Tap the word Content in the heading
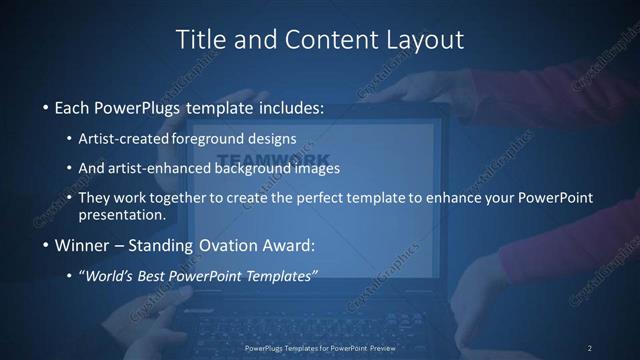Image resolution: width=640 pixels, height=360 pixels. pyautogui.click(x=315, y=39)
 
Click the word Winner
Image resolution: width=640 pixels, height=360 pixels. pyautogui.click(x=83, y=245)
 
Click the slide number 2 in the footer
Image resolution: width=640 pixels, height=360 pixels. pyautogui.click(x=589, y=347)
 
